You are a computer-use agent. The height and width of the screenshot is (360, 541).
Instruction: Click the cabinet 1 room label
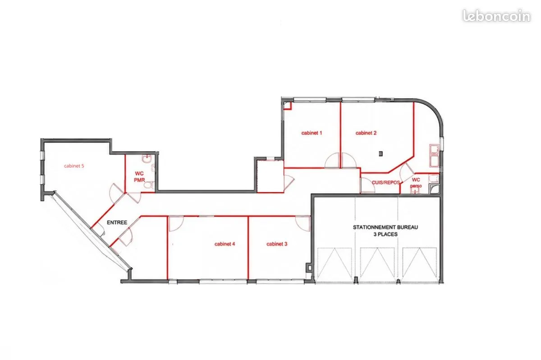pos(312,133)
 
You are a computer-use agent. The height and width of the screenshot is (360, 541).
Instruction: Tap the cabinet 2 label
pos(366,133)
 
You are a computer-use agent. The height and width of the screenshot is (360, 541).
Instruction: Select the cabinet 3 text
pos(277,244)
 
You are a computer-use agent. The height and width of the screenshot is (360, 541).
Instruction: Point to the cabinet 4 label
pos(225,244)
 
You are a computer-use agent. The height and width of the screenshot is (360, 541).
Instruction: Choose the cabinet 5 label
pos(74,166)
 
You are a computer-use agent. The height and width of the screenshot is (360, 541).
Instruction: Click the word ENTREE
pos(117,222)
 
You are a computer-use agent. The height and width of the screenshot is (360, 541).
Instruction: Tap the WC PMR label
pos(139,177)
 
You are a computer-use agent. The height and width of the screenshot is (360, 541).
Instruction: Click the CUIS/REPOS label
pos(386,183)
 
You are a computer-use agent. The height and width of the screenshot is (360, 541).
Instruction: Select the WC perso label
pos(416,183)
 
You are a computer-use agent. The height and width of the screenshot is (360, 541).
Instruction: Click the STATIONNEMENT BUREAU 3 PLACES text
pos(385,231)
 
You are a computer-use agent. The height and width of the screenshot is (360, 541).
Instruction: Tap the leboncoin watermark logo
pos(496,16)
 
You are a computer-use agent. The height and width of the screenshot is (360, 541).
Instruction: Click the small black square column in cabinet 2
pos(381,153)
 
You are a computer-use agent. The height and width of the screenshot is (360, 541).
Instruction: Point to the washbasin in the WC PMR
pos(147,159)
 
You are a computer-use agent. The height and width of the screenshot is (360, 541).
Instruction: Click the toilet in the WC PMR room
pos(148,185)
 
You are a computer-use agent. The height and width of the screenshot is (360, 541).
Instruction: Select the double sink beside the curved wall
pos(434,156)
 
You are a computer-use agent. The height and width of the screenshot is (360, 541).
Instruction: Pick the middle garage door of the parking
pos(377,263)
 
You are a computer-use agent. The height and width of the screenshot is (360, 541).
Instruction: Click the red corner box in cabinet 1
pos(287,106)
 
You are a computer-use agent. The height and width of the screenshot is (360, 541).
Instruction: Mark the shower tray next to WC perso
pos(434,189)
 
